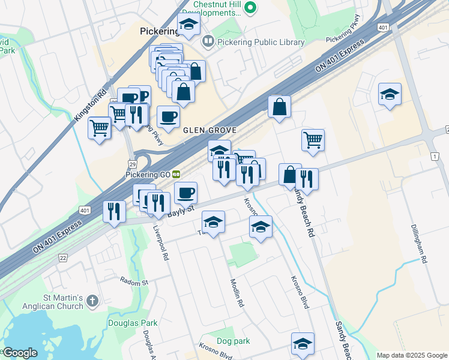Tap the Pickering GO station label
pyautogui.click(x=148, y=174)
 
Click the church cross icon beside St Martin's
pyautogui.click(x=92, y=300)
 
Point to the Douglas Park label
pyautogui.click(x=133, y=323)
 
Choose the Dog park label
pyautogui.click(x=234, y=341)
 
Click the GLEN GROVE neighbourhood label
pyautogui.click(x=209, y=130)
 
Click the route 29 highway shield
pyautogui.click(x=132, y=164)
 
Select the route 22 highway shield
pyautogui.click(x=63, y=257)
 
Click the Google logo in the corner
pyautogui.click(x=20, y=353)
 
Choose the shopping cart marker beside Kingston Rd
pyautogui.click(x=100, y=127)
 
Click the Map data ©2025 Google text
pyautogui.click(x=412, y=355)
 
